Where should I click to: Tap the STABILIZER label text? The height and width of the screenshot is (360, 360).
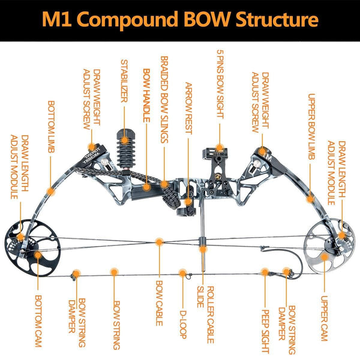tap(124, 81)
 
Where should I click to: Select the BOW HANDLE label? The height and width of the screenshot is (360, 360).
tap(145, 87)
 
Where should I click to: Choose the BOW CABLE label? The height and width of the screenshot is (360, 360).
tap(159, 303)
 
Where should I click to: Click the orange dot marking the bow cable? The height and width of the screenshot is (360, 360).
tap(159, 242)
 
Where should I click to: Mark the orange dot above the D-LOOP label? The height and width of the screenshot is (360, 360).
tap(182, 274)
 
